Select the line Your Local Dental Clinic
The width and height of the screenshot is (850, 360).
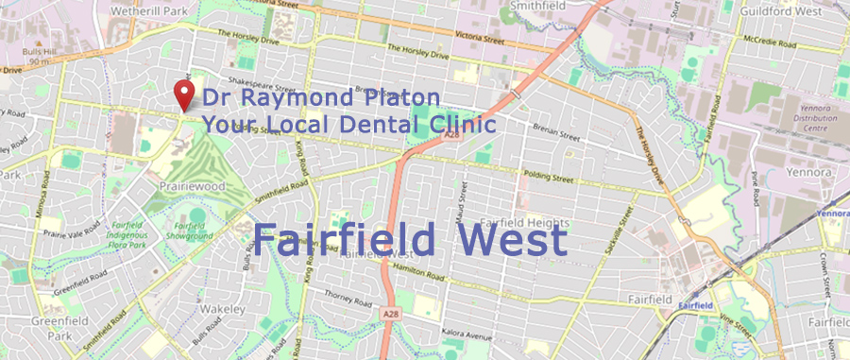(x=348, y=124)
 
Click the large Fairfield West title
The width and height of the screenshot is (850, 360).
(x=409, y=240)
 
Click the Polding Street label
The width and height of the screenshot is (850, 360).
(x=551, y=177)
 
